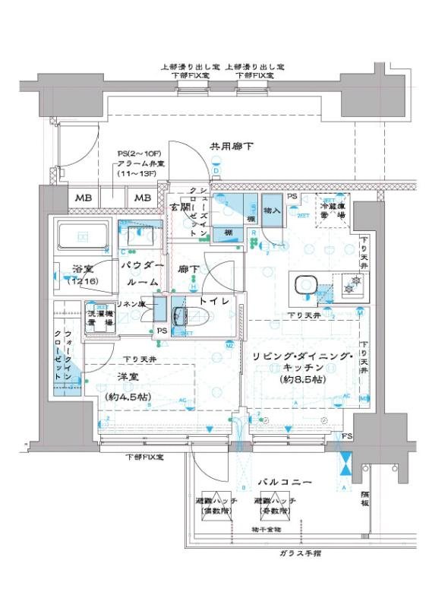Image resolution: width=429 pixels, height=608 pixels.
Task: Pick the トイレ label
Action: (213, 301)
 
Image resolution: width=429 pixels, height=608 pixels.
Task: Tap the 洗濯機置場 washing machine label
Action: (99, 317)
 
